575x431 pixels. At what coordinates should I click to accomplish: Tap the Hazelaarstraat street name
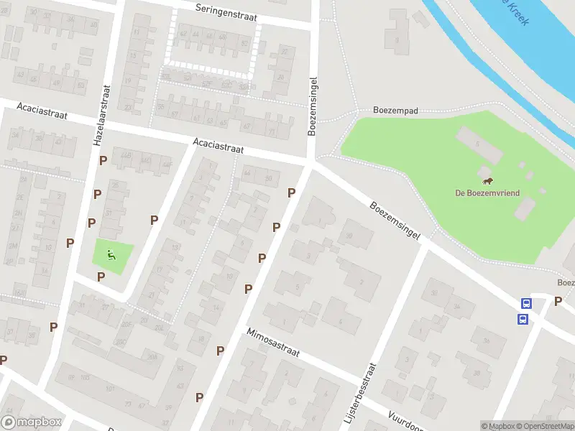101,116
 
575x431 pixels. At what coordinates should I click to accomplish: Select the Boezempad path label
395,111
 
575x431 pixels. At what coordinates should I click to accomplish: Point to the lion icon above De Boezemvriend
487,180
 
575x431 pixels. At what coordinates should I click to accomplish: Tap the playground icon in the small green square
111,254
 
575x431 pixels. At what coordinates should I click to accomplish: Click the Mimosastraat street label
273,343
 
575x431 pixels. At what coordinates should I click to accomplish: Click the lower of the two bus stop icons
525,318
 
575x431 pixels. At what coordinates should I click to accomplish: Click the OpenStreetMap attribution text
543,426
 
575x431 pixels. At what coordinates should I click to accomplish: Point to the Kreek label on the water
515,12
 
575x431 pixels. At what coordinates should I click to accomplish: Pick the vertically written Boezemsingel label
313,104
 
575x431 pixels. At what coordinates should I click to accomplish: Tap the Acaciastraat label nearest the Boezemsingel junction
218,147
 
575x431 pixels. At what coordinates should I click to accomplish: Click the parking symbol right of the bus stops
558,301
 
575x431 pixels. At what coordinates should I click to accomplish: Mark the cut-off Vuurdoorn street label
406,420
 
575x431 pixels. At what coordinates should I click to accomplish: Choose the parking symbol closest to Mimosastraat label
221,351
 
